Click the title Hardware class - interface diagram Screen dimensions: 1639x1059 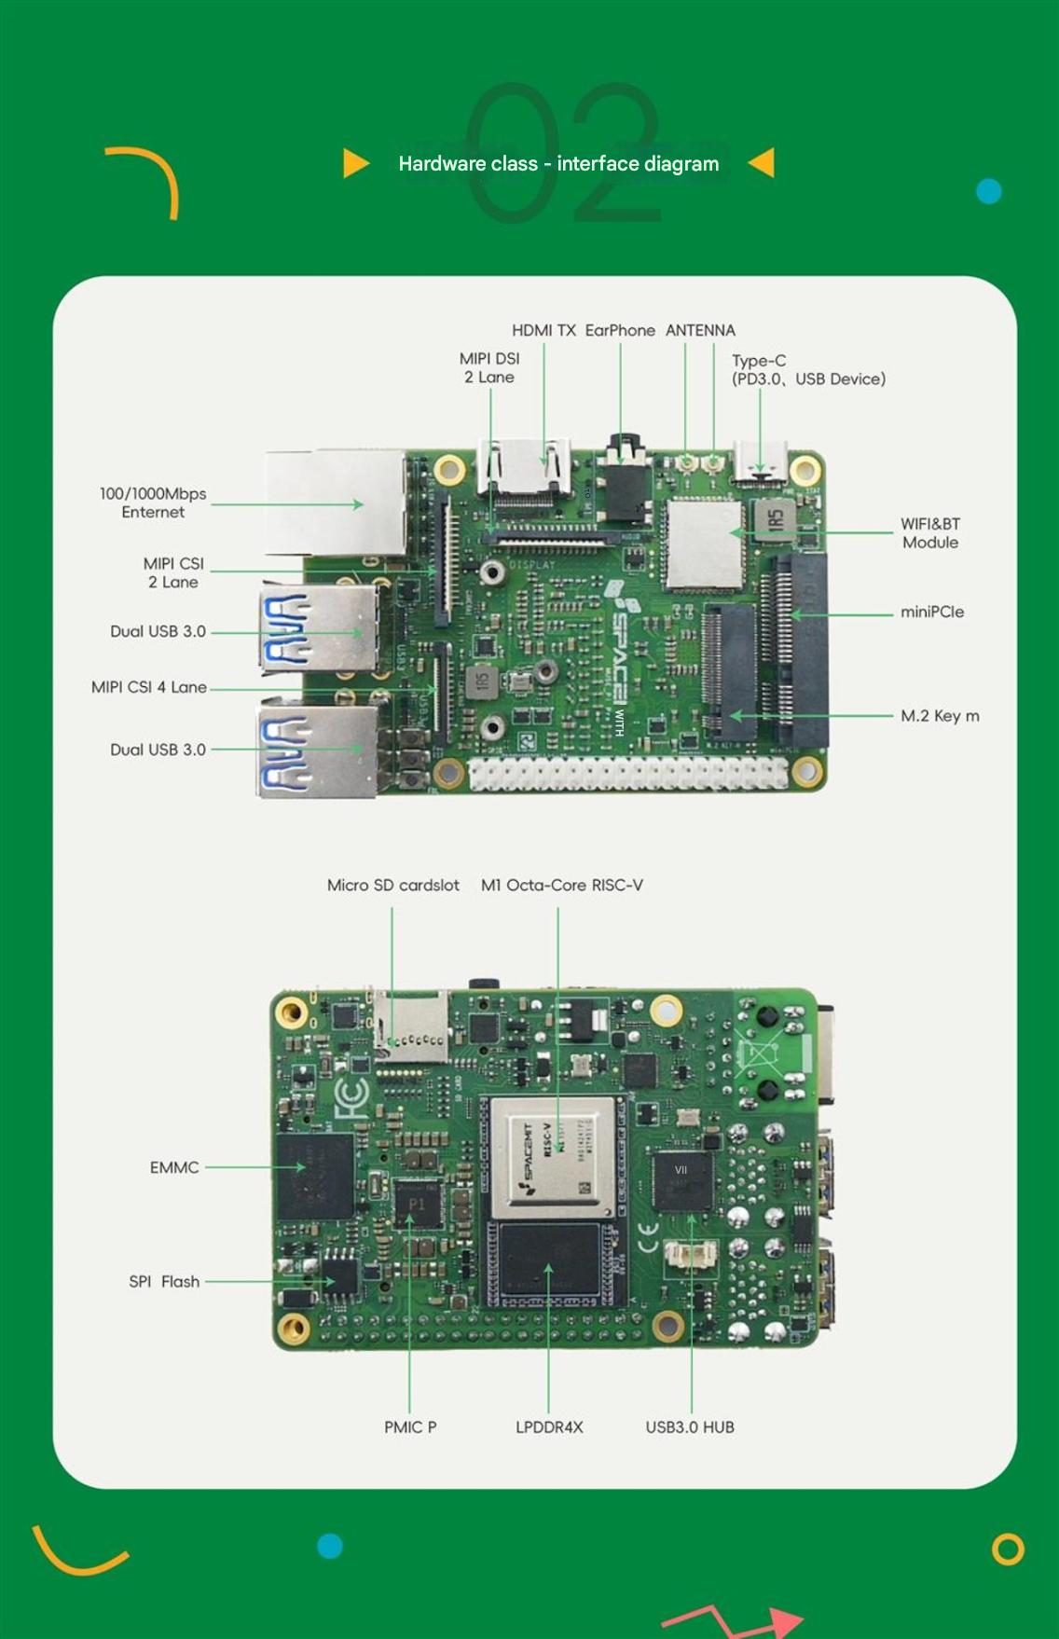coord(558,164)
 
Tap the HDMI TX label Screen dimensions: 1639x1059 coord(543,330)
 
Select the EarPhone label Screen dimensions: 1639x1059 coord(620,330)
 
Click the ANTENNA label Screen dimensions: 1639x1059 coord(700,330)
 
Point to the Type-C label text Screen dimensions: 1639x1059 coord(759,361)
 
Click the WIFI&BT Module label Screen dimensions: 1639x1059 coord(929,533)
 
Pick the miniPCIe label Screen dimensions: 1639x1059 coord(931,612)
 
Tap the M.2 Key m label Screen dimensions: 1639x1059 coord(939,716)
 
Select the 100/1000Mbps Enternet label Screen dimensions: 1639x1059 coord(153,503)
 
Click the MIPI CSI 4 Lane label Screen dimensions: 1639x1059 coord(149,687)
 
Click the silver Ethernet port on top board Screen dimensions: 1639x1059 coord(336,503)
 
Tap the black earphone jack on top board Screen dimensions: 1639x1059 coord(626,485)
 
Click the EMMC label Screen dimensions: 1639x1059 coord(174,1167)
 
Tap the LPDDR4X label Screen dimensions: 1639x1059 coord(549,1427)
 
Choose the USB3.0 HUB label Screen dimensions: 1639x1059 coord(690,1427)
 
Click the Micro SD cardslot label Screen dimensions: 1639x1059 coord(392,885)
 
